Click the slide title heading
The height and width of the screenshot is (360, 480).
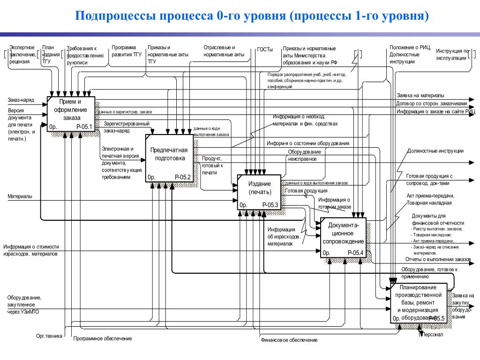tap(253, 17)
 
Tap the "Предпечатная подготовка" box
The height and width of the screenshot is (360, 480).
tap(169, 154)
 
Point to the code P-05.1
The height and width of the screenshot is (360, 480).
tap(84, 127)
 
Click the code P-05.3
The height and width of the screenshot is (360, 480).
tap(270, 205)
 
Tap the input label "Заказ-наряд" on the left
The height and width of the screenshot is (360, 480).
tap(21, 100)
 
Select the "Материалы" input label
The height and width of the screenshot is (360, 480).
tap(20, 196)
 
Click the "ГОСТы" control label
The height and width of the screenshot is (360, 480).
tap(265, 50)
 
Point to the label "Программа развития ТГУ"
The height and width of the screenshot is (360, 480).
tap(127, 51)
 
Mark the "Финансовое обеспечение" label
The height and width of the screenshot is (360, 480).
tap(289, 340)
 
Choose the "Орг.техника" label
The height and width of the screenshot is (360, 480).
tap(49, 336)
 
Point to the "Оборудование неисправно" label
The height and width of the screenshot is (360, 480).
tap(304, 155)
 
